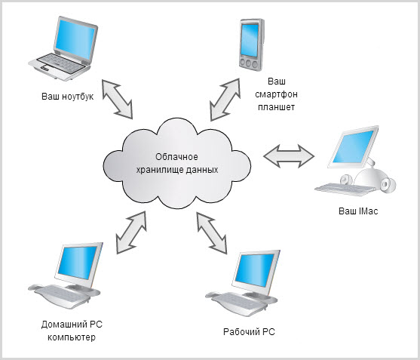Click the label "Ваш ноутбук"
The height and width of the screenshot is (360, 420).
pyautogui.click(x=68, y=97)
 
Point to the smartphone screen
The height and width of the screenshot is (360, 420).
pyautogui.click(x=250, y=40)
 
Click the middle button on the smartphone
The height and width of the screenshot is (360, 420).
pyautogui.click(x=248, y=64)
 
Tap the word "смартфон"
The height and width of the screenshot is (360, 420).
pyautogui.click(x=276, y=94)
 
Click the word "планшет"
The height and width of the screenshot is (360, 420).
pyautogui.click(x=276, y=107)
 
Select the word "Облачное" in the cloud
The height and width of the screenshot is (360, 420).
pyautogui.click(x=176, y=156)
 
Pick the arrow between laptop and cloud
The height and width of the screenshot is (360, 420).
pyautogui.click(x=117, y=99)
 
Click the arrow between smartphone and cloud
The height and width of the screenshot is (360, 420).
pyautogui.click(x=225, y=100)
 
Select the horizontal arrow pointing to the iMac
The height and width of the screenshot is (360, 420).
pyautogui.click(x=289, y=156)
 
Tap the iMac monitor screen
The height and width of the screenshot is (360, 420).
pyautogui.click(x=354, y=146)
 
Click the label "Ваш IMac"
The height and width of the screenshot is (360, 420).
pyautogui.click(x=358, y=211)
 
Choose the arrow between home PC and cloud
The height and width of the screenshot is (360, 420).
pyautogui.click(x=131, y=232)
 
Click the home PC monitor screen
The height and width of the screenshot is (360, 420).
pyautogui.click(x=78, y=263)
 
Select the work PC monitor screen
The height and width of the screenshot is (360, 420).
pyautogui.click(x=255, y=270)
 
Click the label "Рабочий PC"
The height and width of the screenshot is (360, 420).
pyautogui.click(x=249, y=332)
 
